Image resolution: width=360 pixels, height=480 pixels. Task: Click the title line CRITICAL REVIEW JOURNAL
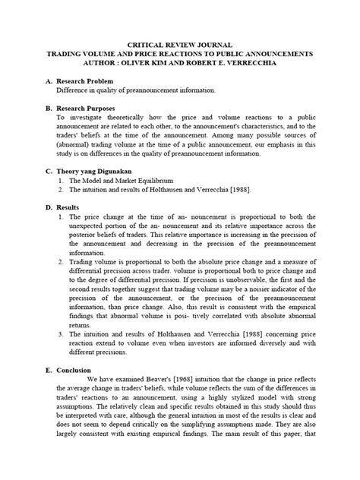179,46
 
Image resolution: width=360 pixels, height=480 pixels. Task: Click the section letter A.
49,80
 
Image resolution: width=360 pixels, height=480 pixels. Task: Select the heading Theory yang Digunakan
99,172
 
